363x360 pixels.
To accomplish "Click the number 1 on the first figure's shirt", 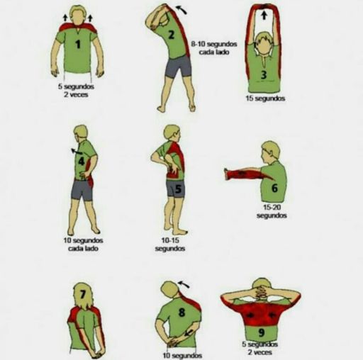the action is click(77, 44).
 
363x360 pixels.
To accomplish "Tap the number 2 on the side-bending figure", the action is click(171, 35).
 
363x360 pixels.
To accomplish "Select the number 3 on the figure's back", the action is click(264, 74).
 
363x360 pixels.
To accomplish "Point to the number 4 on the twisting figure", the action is click(82, 162).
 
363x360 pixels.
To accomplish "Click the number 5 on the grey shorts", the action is click(178, 189).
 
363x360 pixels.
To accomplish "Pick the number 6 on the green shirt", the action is click(274, 188).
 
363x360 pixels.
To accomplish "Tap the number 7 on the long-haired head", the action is click(82, 294).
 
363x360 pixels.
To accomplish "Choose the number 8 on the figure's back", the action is click(181, 313).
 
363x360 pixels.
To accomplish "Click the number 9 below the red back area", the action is click(261, 332).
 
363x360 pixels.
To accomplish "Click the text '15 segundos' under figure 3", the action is click(265, 99).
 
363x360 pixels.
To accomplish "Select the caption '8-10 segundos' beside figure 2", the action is click(214, 44).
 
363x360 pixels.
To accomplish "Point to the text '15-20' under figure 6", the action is click(272, 207).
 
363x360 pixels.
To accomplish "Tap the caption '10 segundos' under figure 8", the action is click(182, 356).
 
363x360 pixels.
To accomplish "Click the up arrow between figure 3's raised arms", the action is click(264, 16).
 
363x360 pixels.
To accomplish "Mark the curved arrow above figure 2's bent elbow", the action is click(181, 10).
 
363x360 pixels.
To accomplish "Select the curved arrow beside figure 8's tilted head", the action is click(184, 283).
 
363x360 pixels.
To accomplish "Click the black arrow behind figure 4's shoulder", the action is click(76, 151).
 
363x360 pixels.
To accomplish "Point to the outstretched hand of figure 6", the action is click(228, 174).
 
